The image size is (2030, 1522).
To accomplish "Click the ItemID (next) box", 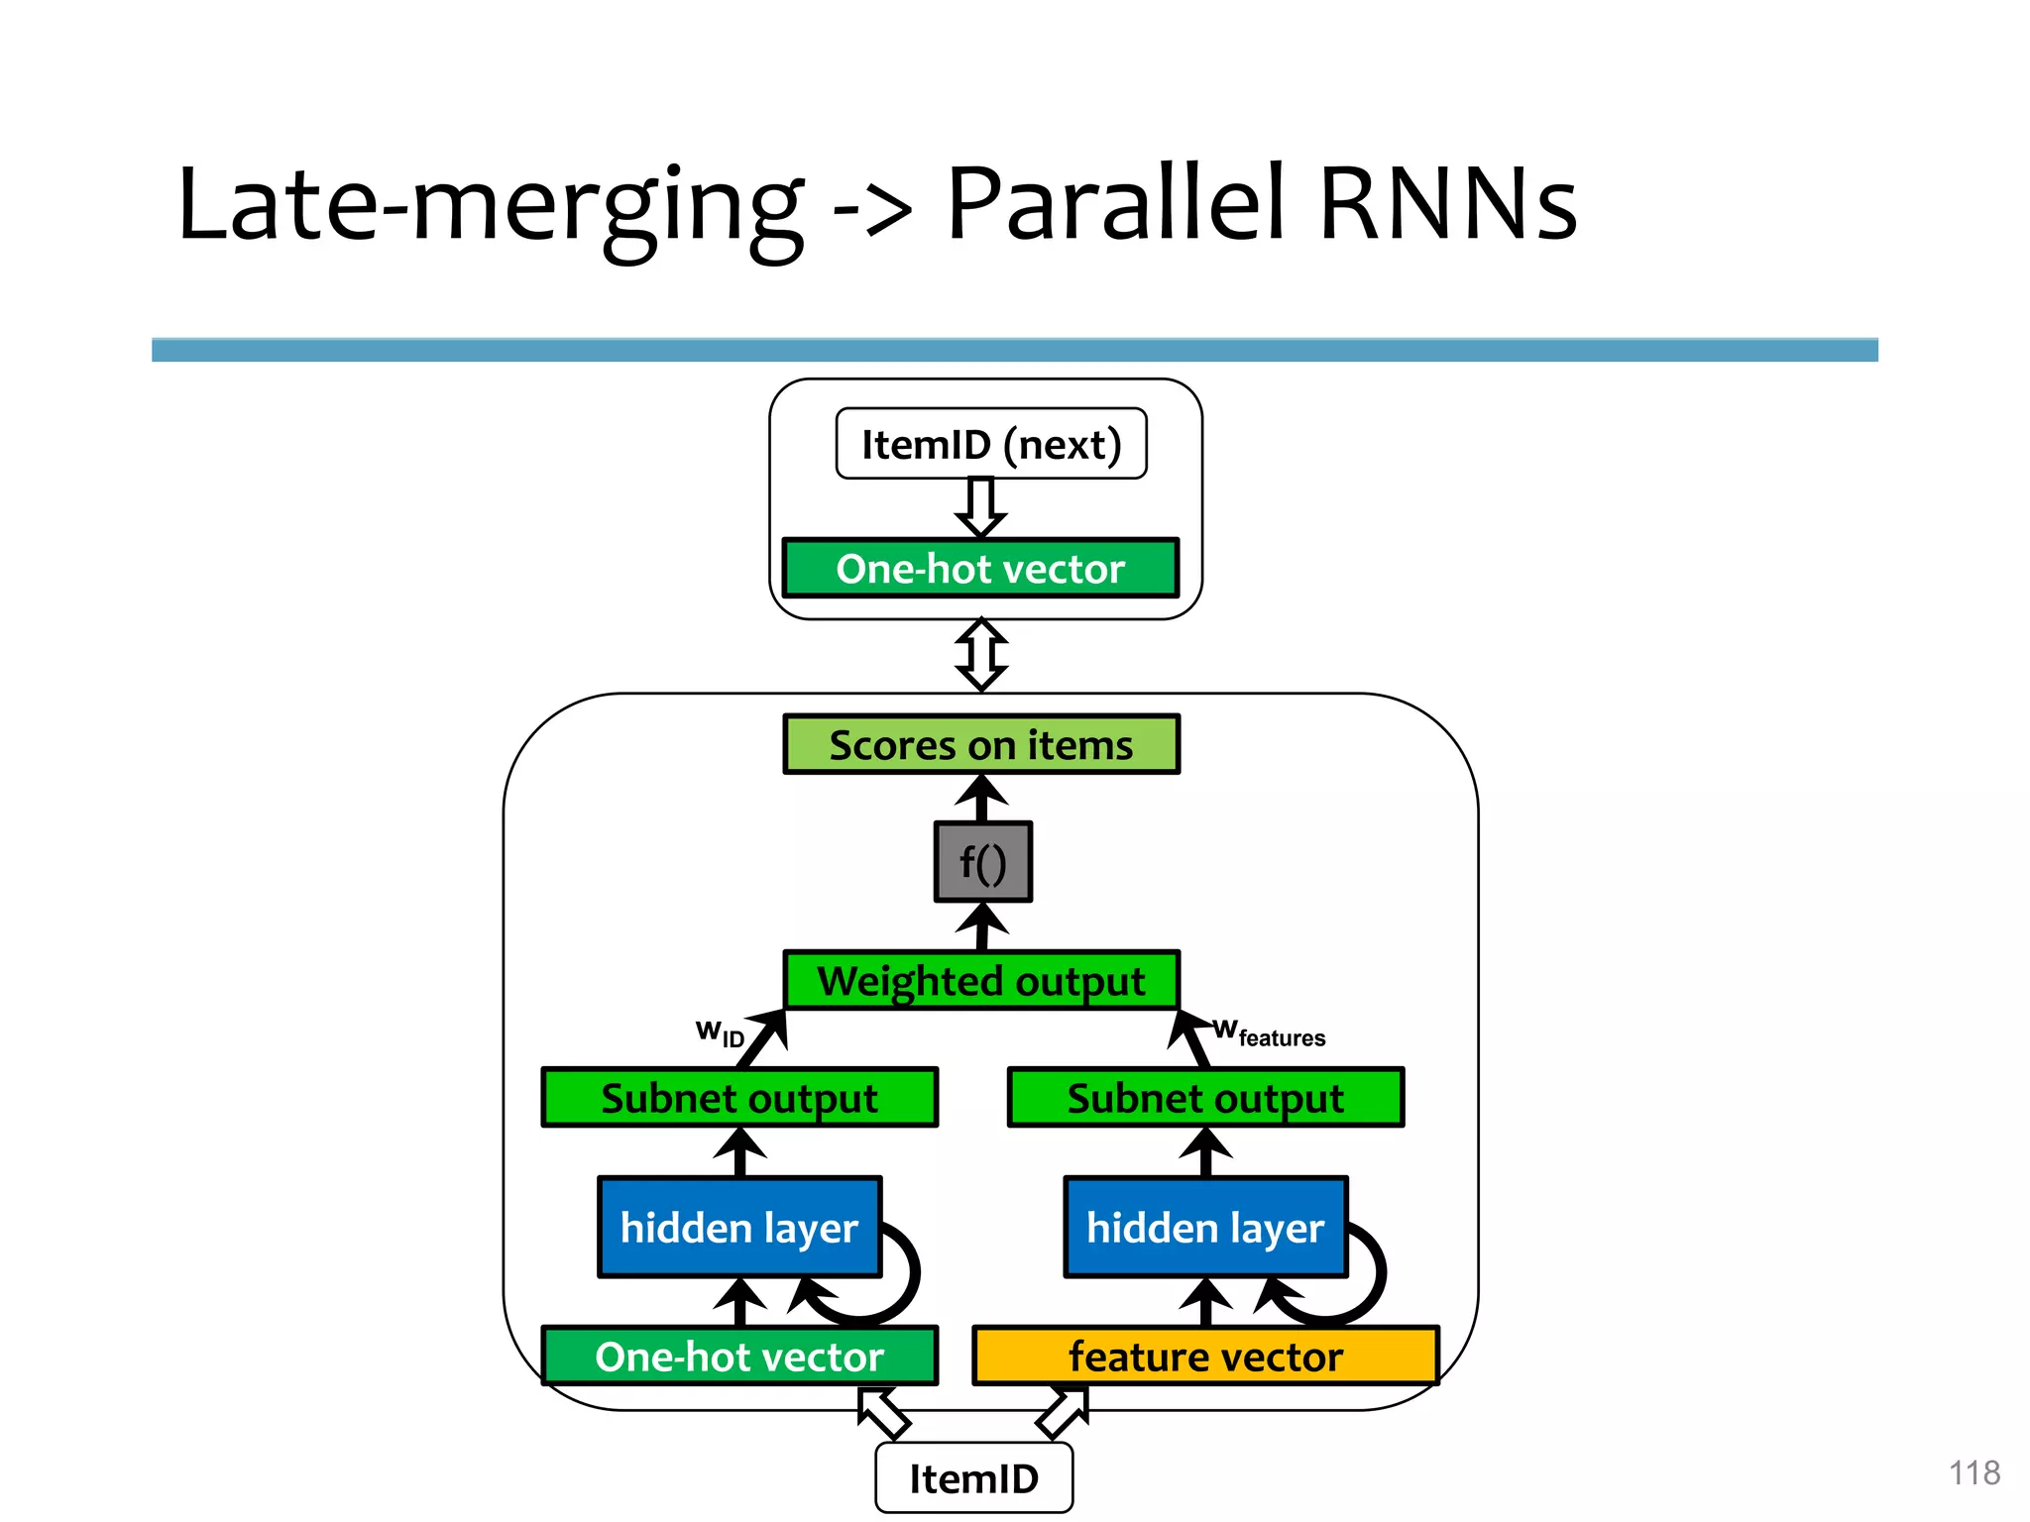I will [990, 444].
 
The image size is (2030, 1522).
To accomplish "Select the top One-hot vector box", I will [980, 569].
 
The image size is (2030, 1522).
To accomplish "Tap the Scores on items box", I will [980, 744].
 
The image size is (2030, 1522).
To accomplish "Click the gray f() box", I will [982, 862].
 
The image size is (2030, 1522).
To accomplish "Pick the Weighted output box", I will [980, 981].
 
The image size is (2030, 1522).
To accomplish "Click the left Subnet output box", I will [739, 1098].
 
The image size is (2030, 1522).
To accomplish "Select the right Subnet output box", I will [1205, 1098].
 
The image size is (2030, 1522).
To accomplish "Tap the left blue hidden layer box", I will [739, 1228].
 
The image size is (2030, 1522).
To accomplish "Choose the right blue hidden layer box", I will [1205, 1228].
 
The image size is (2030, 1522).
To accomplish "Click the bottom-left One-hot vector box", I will [739, 1356].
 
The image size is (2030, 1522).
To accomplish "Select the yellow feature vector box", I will [1205, 1356].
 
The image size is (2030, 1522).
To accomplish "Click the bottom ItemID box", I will [973, 1478].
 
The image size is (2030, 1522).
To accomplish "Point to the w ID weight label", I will [720, 1033].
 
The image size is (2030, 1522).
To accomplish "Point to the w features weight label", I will [1270, 1033].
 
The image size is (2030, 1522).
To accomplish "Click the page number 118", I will [1974, 1472].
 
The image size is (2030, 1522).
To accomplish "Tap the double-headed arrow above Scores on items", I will [981, 655].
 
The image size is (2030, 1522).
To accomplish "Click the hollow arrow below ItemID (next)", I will [981, 507].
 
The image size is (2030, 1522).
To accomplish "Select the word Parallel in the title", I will [1116, 205].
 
